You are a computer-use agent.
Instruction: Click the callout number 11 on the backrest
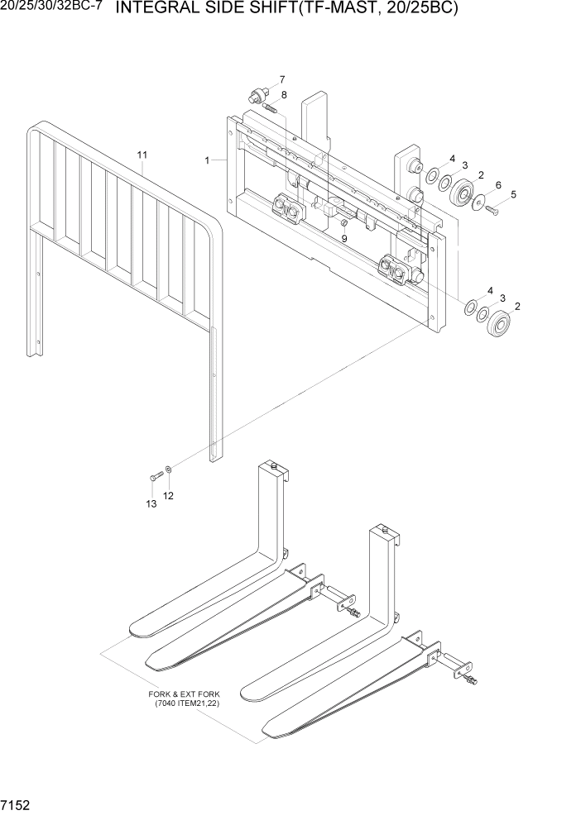point(142,155)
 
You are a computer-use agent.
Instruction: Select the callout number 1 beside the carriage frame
point(207,160)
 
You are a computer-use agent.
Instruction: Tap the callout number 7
point(281,79)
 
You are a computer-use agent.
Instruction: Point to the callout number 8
point(284,95)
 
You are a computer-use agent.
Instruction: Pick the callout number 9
point(344,238)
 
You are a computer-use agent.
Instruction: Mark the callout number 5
point(513,194)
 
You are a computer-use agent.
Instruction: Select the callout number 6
point(498,184)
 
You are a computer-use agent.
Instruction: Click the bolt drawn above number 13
point(156,478)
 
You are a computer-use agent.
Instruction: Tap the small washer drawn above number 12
point(169,470)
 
